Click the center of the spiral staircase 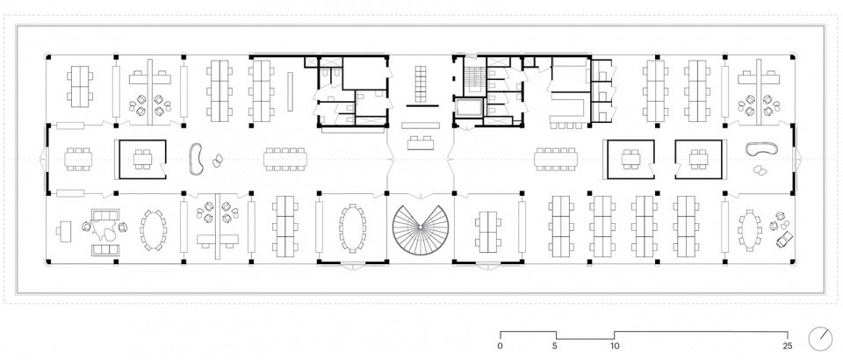(420, 228)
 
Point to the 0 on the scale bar (501, 345)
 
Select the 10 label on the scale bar (615, 345)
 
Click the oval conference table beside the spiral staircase (352, 227)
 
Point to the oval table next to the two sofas (153, 230)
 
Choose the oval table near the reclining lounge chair (749, 230)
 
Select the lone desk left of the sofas (63, 231)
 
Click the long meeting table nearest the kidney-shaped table (285, 159)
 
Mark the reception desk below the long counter (421, 143)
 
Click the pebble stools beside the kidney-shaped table (217, 160)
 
